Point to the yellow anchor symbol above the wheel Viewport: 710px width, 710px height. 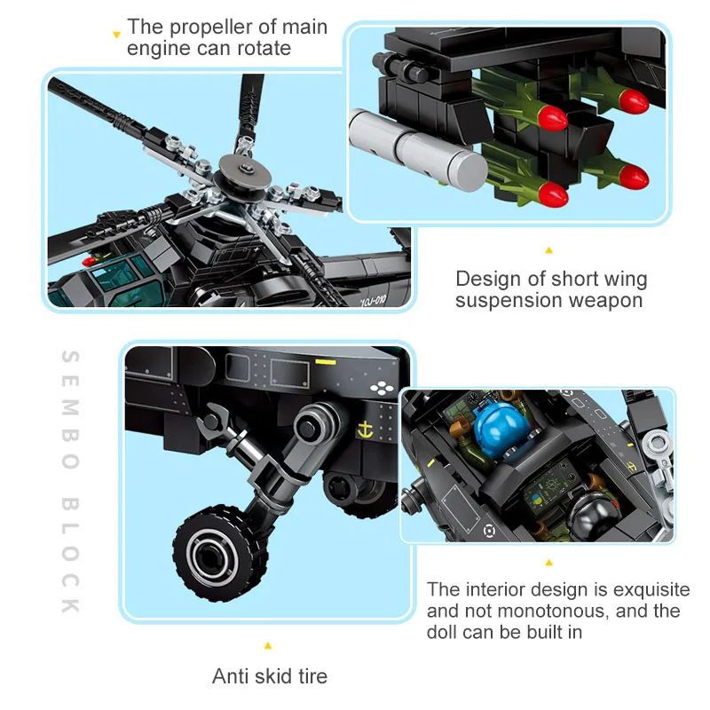[x=361, y=430]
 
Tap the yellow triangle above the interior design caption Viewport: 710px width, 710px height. [x=548, y=562]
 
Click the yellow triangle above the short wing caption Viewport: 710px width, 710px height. [x=548, y=251]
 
